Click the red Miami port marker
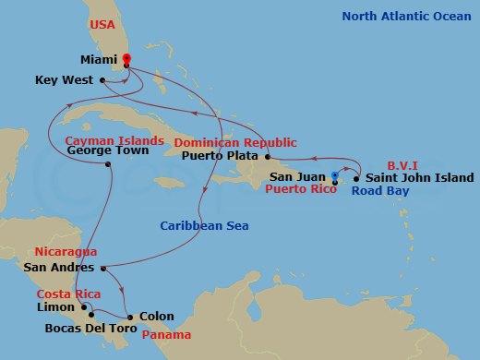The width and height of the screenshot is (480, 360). coord(126,59)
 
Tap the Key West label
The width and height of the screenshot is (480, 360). coord(64,80)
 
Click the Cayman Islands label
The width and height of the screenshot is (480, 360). coord(114,141)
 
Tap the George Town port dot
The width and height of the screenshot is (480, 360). coord(109,164)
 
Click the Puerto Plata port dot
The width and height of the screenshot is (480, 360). coord(267,156)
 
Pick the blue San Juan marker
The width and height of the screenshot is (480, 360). coord(334,174)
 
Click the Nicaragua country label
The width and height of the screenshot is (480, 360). coord(65,251)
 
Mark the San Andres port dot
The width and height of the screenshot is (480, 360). coord(101,269)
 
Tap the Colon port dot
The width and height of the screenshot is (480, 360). coord(130,318)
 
